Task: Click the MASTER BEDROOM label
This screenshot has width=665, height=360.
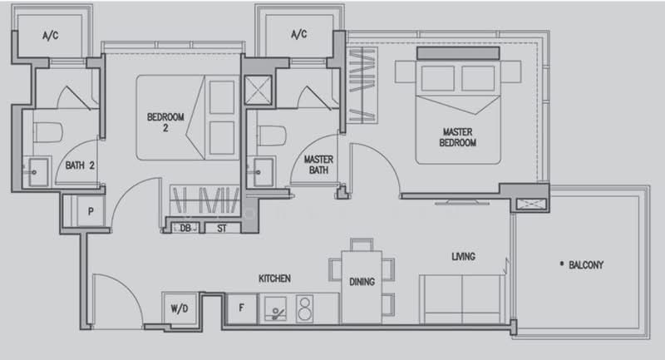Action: pyautogui.click(x=458, y=137)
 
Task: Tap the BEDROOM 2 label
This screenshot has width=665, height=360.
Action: pyautogui.click(x=165, y=122)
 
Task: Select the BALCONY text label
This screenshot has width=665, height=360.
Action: pyautogui.click(x=586, y=265)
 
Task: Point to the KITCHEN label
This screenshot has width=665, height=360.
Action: pyautogui.click(x=274, y=279)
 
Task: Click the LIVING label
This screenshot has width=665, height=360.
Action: pyautogui.click(x=463, y=257)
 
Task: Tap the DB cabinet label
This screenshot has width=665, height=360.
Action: pyautogui.click(x=185, y=228)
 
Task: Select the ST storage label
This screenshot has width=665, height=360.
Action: pyautogui.click(x=222, y=229)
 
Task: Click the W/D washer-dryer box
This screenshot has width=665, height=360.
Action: pyautogui.click(x=180, y=308)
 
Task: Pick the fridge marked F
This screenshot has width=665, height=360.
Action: pyautogui.click(x=242, y=308)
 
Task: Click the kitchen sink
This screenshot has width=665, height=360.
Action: pyautogui.click(x=275, y=308)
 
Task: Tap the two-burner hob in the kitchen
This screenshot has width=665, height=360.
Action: pyautogui.click(x=305, y=308)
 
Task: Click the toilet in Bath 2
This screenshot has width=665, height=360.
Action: pyautogui.click(x=48, y=132)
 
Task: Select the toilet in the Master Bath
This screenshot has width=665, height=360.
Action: pyautogui.click(x=273, y=136)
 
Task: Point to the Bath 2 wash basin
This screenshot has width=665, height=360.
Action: pyautogui.click(x=37, y=172)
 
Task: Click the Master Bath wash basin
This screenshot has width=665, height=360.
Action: pyautogui.click(x=263, y=172)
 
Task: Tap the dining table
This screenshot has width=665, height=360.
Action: pyautogui.click(x=362, y=287)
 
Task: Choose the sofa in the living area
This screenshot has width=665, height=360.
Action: pyautogui.click(x=462, y=299)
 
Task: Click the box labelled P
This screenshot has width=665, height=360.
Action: pyautogui.click(x=91, y=210)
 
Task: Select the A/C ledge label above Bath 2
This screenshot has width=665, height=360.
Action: pyautogui.click(x=51, y=36)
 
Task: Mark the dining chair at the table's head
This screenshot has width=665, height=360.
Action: pyautogui.click(x=362, y=244)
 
